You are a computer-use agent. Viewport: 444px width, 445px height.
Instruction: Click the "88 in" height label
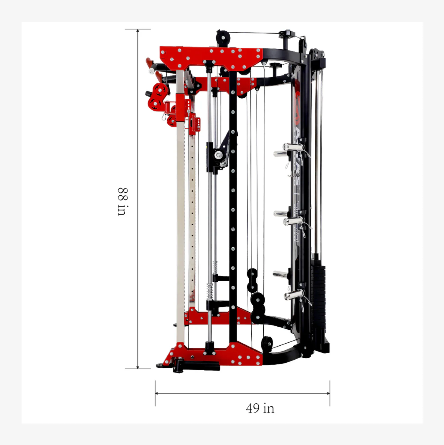tap(122, 202)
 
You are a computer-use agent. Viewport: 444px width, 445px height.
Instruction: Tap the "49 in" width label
tap(260, 408)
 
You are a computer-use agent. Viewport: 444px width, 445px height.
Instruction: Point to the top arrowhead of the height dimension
tap(138, 31)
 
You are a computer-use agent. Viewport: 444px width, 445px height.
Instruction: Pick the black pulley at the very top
tap(223, 38)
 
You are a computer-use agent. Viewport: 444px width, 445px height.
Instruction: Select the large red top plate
tap(211, 57)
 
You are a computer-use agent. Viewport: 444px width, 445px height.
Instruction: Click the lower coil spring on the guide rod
tap(209, 291)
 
